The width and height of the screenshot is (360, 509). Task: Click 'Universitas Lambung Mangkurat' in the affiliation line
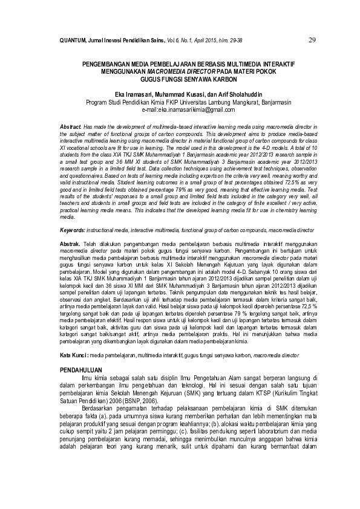[x=214, y=102]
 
